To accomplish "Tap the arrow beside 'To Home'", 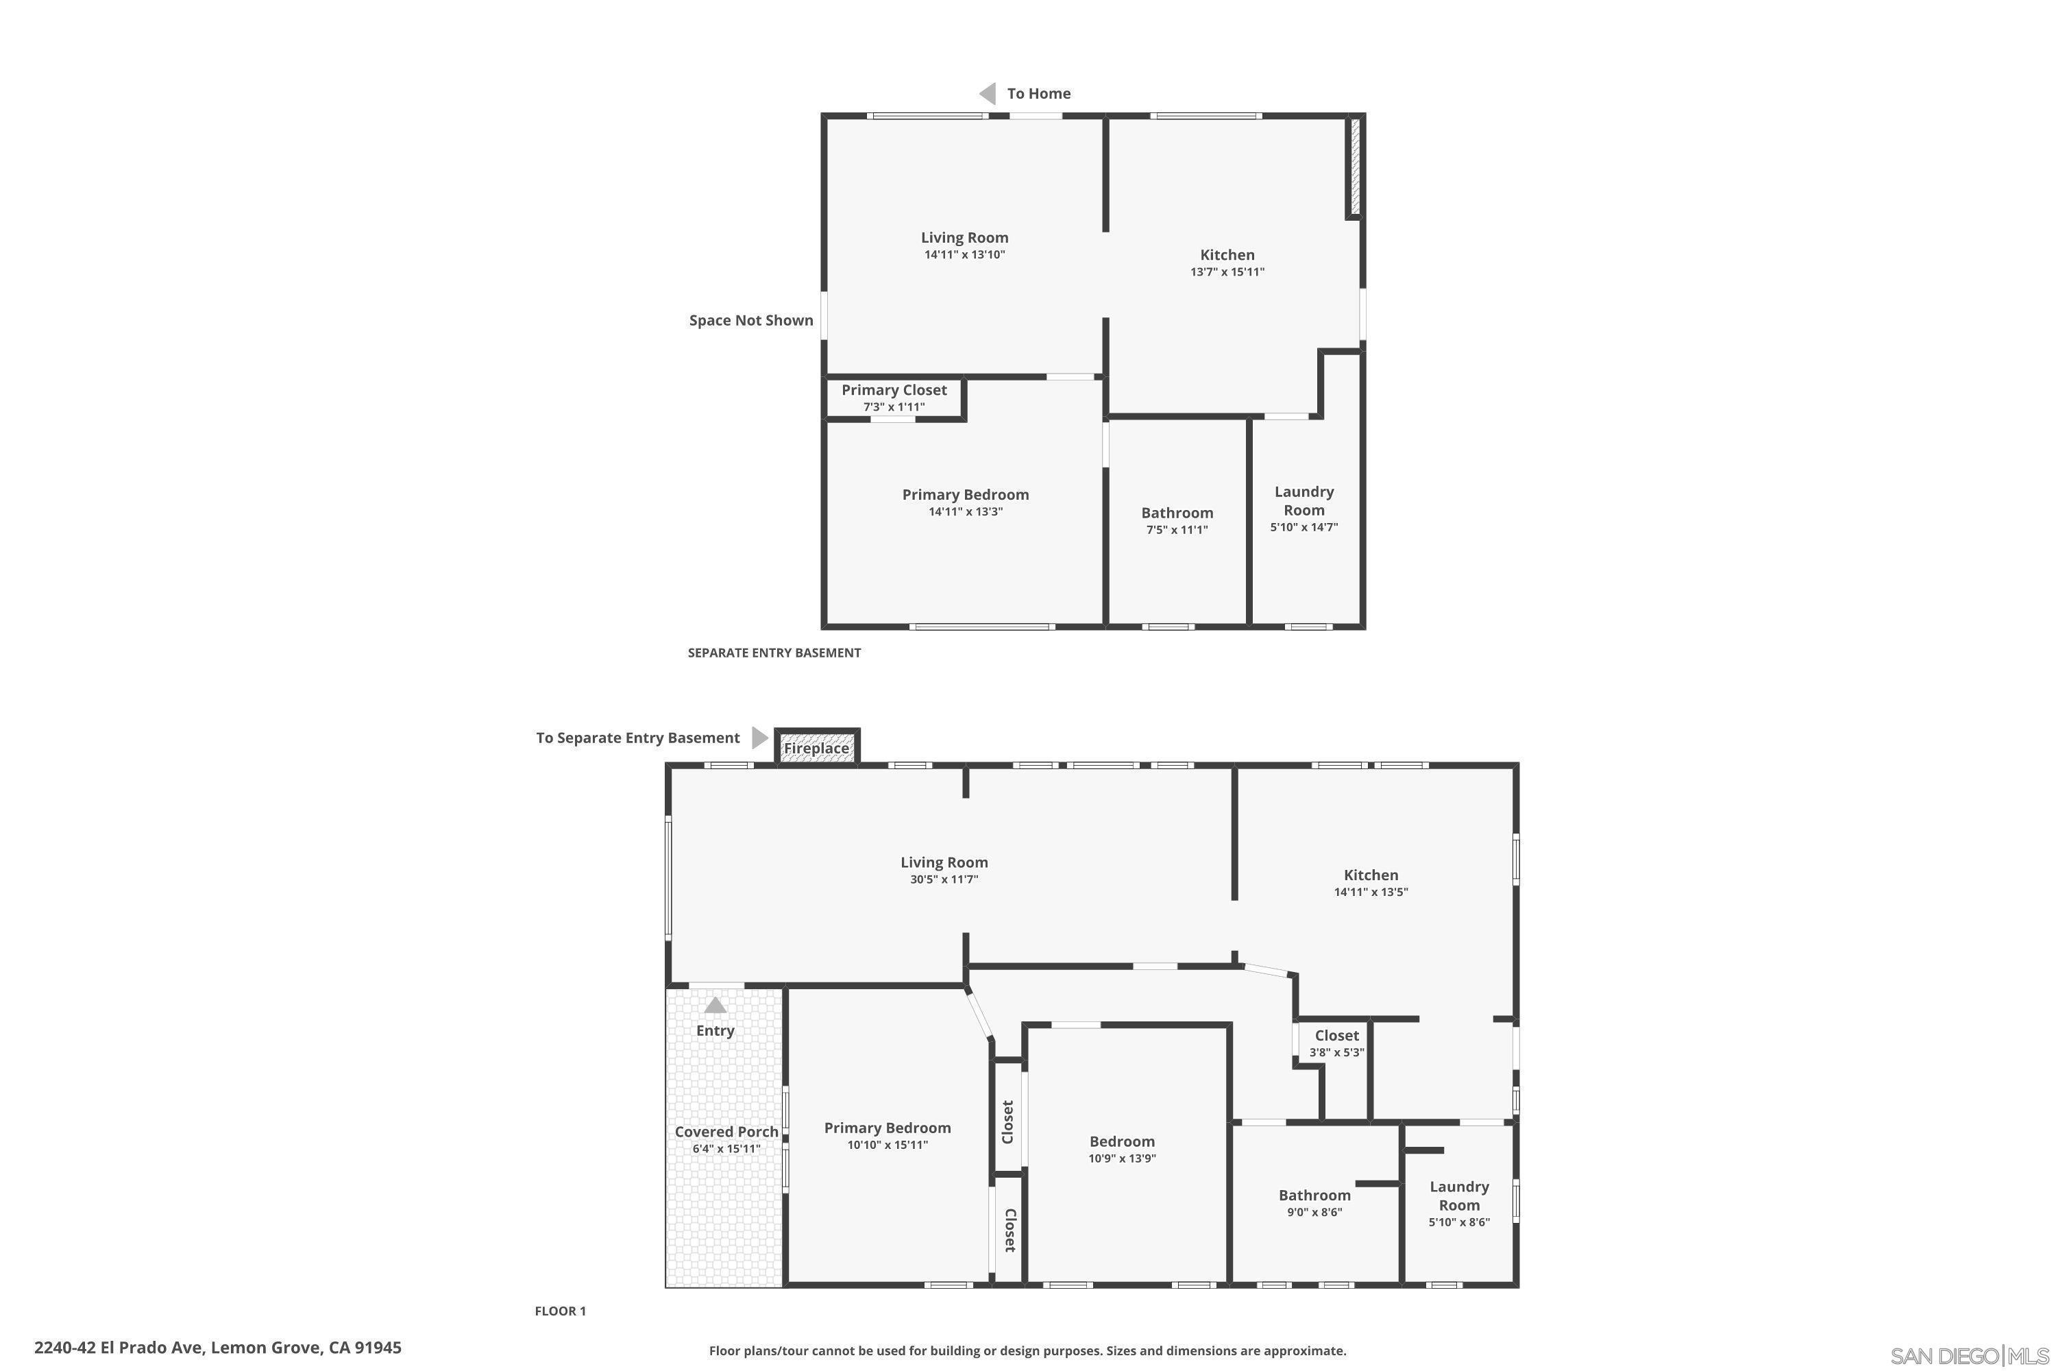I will (x=988, y=93).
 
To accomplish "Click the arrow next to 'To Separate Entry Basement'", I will (x=759, y=738).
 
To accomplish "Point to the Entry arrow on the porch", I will (x=715, y=1006).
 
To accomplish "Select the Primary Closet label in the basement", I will (x=894, y=390).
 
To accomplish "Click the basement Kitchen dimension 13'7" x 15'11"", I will (x=1227, y=272).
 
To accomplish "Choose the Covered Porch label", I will (x=726, y=1132).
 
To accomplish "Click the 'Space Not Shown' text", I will (x=751, y=320).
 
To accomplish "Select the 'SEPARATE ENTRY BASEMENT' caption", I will (x=774, y=653).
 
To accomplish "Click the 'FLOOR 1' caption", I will (x=561, y=1311).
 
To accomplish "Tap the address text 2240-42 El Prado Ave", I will (x=218, y=1348).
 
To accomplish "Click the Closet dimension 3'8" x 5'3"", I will (x=1336, y=1053).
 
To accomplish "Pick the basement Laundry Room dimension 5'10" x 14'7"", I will (x=1304, y=527).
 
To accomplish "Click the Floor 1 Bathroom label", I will (x=1314, y=1196).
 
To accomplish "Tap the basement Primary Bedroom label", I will (x=965, y=495).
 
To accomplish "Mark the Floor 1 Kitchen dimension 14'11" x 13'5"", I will (x=1370, y=893).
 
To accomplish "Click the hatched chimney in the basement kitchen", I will (x=1355, y=166).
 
